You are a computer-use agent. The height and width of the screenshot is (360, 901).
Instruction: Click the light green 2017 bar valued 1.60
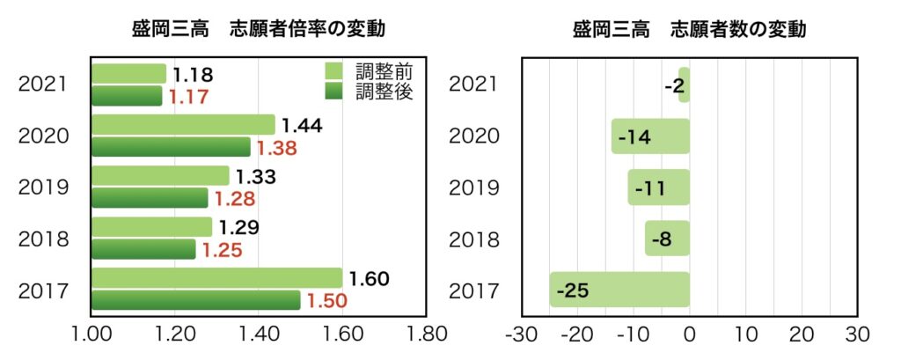216,278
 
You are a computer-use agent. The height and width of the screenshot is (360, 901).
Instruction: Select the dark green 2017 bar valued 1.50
195,300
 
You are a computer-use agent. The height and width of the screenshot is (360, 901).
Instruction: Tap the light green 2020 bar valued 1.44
182,125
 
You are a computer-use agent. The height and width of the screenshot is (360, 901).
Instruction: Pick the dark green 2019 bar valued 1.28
150,198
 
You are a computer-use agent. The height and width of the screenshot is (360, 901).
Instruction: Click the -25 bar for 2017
619,290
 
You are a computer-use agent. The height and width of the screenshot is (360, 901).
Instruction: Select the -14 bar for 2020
650,136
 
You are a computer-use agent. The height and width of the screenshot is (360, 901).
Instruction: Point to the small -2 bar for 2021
684,85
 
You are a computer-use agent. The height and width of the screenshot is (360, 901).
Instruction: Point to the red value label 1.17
188,97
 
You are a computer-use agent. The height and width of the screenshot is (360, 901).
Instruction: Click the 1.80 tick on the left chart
426,335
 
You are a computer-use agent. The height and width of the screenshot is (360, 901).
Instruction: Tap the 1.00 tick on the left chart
90,335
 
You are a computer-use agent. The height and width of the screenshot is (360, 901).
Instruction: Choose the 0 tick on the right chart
690,335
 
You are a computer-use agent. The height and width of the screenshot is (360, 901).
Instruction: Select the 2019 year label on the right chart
474,187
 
